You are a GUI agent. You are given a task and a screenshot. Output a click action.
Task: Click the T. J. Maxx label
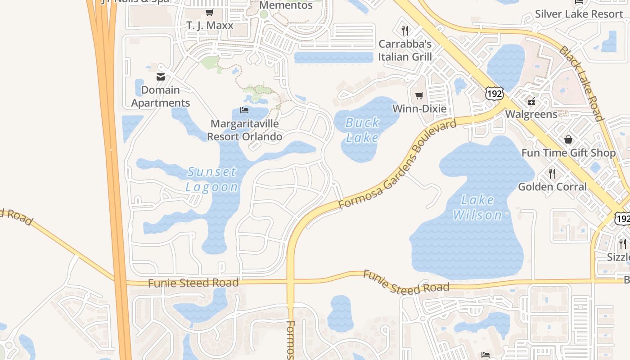click(x=210, y=25)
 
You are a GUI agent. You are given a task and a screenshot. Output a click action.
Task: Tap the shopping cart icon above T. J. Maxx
click(x=209, y=13)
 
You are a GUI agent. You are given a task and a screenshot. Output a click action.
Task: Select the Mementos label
click(x=286, y=5)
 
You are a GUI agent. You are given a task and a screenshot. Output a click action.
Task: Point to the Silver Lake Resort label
click(x=579, y=14)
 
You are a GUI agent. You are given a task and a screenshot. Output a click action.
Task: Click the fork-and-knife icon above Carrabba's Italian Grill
click(x=405, y=31)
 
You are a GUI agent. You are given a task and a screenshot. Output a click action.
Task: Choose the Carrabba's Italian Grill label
click(x=405, y=50)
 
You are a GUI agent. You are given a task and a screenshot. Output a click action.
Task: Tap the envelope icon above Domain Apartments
click(x=161, y=76)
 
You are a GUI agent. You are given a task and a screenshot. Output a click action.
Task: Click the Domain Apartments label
click(x=161, y=96)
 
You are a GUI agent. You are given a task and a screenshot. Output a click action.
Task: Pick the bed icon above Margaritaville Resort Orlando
click(x=244, y=110)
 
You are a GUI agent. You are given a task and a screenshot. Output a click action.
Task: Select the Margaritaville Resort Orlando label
click(x=245, y=130)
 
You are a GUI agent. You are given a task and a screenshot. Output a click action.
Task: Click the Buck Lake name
click(x=362, y=130)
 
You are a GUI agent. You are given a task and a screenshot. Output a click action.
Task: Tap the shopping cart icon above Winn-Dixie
click(x=419, y=95)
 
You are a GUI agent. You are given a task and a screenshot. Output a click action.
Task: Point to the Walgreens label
click(x=531, y=114)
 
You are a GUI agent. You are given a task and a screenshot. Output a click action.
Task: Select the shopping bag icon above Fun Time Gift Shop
click(x=568, y=139)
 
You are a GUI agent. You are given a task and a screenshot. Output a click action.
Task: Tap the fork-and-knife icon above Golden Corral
click(x=552, y=173)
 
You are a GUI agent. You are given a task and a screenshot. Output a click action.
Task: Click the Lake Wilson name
click(x=477, y=207)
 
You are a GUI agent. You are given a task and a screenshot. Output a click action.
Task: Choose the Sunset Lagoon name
click(x=212, y=179)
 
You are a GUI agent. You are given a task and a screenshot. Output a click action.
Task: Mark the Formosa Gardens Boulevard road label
click(x=397, y=164)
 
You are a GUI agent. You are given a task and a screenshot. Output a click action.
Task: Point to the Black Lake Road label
click(x=581, y=83)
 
